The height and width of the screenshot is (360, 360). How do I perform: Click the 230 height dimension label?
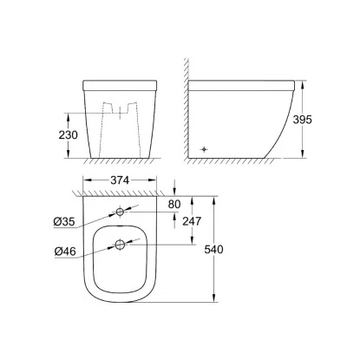pos(69,135)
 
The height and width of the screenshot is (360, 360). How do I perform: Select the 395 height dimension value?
pos(303,120)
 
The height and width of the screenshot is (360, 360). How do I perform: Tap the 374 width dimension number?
pos(120,180)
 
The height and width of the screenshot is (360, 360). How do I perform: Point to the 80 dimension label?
pos(174,205)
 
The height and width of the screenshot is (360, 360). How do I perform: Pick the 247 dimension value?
pos(192,221)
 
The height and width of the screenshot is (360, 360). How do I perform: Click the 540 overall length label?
pos(213,249)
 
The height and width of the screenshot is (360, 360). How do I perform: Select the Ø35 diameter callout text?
pos(64,222)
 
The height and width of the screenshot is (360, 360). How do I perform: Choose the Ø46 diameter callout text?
pos(65,252)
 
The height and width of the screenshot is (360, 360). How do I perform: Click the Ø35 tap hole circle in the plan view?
pos(120,212)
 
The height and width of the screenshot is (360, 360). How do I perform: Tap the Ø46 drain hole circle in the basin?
pos(120,245)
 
